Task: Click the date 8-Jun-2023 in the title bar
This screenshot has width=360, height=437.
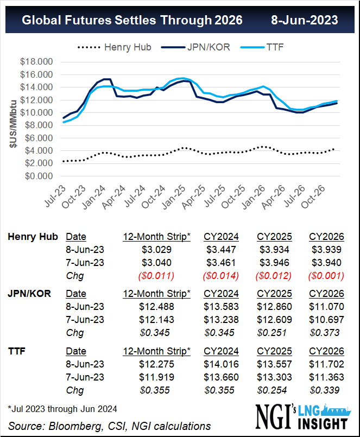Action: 305,20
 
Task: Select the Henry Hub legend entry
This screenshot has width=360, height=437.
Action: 127,47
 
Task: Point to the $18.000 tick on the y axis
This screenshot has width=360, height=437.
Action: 37,62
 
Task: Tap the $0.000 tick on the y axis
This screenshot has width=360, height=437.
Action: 37,176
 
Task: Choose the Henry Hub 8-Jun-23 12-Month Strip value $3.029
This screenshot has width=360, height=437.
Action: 156,249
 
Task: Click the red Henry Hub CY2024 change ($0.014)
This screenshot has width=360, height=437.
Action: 220,275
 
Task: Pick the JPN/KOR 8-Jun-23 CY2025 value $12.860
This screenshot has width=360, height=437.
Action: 274,306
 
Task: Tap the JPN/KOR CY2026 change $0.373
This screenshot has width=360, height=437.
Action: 326,332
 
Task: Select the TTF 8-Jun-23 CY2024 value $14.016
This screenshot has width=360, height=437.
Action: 221,364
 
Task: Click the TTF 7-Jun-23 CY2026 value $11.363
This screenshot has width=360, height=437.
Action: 326,377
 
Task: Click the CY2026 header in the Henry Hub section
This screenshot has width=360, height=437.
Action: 326,237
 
